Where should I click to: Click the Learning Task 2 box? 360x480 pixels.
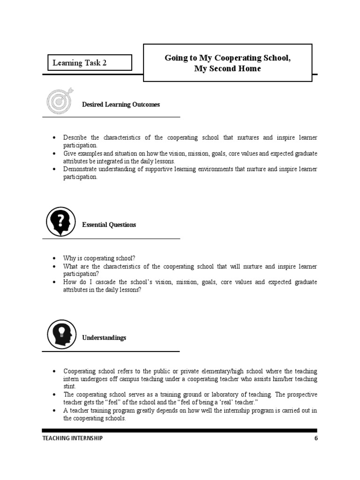89,63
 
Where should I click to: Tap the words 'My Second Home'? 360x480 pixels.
227,69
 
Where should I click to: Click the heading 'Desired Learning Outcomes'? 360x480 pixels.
121,105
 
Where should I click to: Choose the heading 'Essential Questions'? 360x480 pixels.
109,225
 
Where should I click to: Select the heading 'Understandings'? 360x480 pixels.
104,337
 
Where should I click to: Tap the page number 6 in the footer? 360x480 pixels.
316,438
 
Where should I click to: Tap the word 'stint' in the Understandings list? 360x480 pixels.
69,387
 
